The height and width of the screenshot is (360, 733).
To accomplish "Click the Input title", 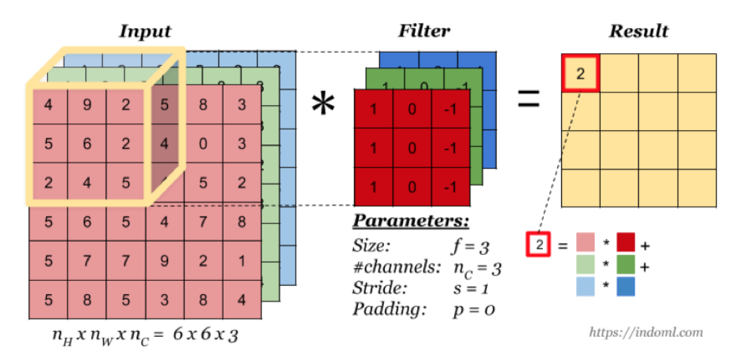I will [x=145, y=32].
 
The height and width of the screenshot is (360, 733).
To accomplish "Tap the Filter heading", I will [x=424, y=32].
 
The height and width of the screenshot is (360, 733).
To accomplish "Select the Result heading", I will [x=638, y=32].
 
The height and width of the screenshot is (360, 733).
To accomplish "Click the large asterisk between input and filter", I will [x=323, y=105].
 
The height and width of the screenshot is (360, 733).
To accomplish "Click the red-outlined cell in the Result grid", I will [x=580, y=73].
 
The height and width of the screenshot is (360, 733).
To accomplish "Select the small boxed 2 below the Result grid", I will [x=538, y=246].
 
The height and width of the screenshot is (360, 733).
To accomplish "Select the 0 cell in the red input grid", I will [x=203, y=145].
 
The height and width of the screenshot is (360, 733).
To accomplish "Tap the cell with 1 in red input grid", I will [x=242, y=261].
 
